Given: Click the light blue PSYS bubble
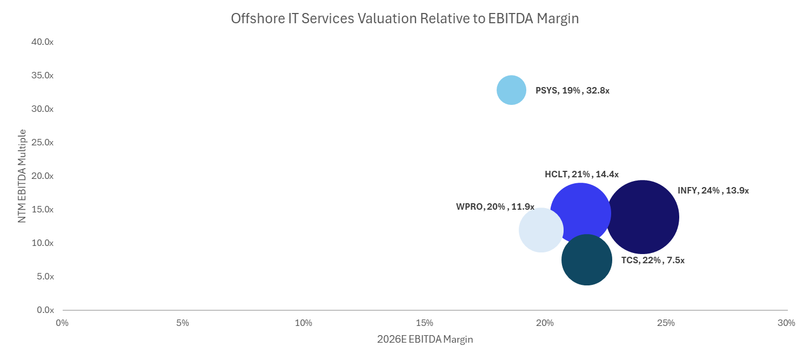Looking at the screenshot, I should pos(511,90).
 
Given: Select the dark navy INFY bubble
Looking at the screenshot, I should pos(642,217).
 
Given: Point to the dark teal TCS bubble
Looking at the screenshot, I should pos(587,260).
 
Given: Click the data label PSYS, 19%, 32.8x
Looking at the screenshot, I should pos(572,91).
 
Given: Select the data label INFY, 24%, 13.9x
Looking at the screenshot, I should pos(713,190).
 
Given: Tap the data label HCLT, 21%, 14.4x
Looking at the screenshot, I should pos(581,174).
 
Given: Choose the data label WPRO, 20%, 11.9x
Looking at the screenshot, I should pos(495,206).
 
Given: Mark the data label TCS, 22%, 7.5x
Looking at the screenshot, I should pos(653,260).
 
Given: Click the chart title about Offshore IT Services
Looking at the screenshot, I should pos(405,18).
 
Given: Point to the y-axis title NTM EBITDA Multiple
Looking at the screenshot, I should pos(22,176).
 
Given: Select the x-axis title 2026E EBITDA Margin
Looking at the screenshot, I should pos(425,339).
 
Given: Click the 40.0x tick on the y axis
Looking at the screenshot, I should pos(43,42).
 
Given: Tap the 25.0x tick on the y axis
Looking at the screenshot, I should pos(43,142).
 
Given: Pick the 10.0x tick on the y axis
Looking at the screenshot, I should pos(43,243).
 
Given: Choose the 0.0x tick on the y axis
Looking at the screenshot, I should pos(45,310).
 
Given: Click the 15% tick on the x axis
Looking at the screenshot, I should pos(424,323).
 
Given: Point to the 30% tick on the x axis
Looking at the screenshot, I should pos(786,323).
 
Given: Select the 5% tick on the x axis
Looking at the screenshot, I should pos(183,323).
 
